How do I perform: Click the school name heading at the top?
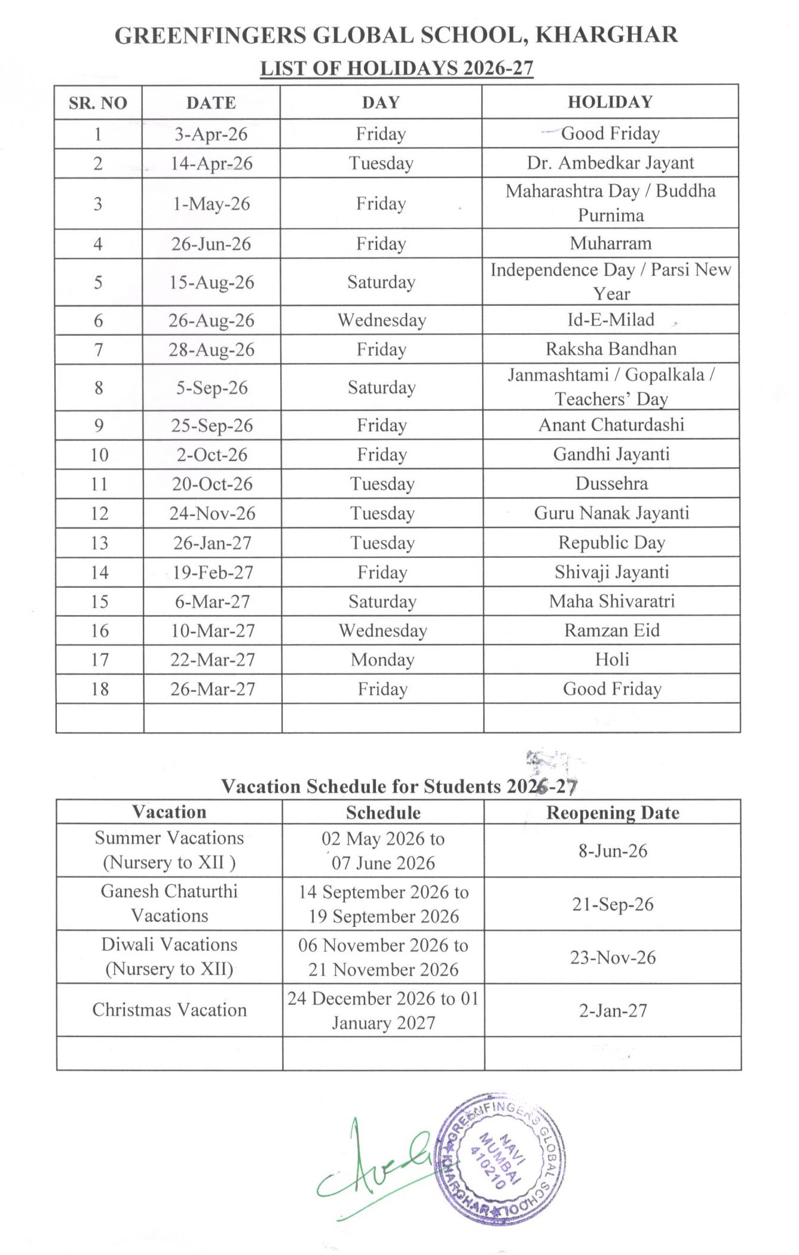396,35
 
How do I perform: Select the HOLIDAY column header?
610,102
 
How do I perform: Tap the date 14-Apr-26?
211,164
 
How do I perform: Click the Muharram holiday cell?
610,244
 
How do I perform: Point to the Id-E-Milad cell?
610,320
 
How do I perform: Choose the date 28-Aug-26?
211,349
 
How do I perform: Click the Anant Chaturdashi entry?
611,425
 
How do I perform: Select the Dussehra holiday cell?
611,484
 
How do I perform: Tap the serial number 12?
99,514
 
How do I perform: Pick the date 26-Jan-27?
212,543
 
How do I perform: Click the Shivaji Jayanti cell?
611,572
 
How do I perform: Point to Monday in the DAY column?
382,660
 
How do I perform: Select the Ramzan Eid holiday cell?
612,631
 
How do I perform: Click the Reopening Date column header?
613,813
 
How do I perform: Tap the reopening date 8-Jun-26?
613,851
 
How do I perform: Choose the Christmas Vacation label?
169,1010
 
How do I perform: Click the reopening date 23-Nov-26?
613,958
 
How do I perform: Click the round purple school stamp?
501,1158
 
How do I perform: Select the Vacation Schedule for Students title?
399,786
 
